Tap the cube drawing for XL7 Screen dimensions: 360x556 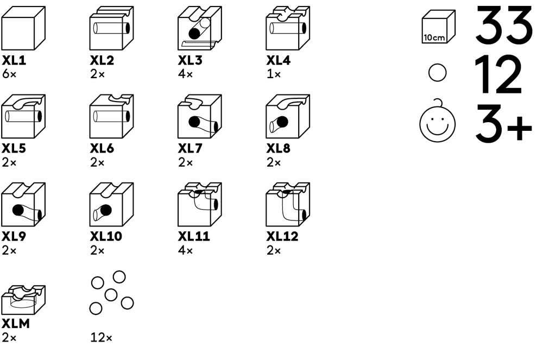[x=199, y=116]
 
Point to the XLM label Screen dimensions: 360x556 [x=15, y=324]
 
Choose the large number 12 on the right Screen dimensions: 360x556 [x=498, y=75]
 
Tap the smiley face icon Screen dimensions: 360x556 [x=437, y=123]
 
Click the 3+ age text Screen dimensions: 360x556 [x=504, y=123]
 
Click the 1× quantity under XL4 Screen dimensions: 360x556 [x=274, y=74]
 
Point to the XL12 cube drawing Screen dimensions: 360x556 [x=288, y=205]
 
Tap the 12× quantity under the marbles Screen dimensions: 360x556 [x=102, y=338]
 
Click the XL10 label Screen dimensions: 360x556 [x=106, y=236]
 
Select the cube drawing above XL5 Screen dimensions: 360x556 [x=23, y=116]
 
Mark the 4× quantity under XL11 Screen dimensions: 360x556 [x=186, y=250]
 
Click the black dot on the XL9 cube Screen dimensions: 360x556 [x=18, y=210]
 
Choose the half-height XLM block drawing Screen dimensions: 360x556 [x=23, y=298]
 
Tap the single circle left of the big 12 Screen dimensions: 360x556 [x=437, y=73]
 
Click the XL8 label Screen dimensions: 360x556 [x=278, y=148]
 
